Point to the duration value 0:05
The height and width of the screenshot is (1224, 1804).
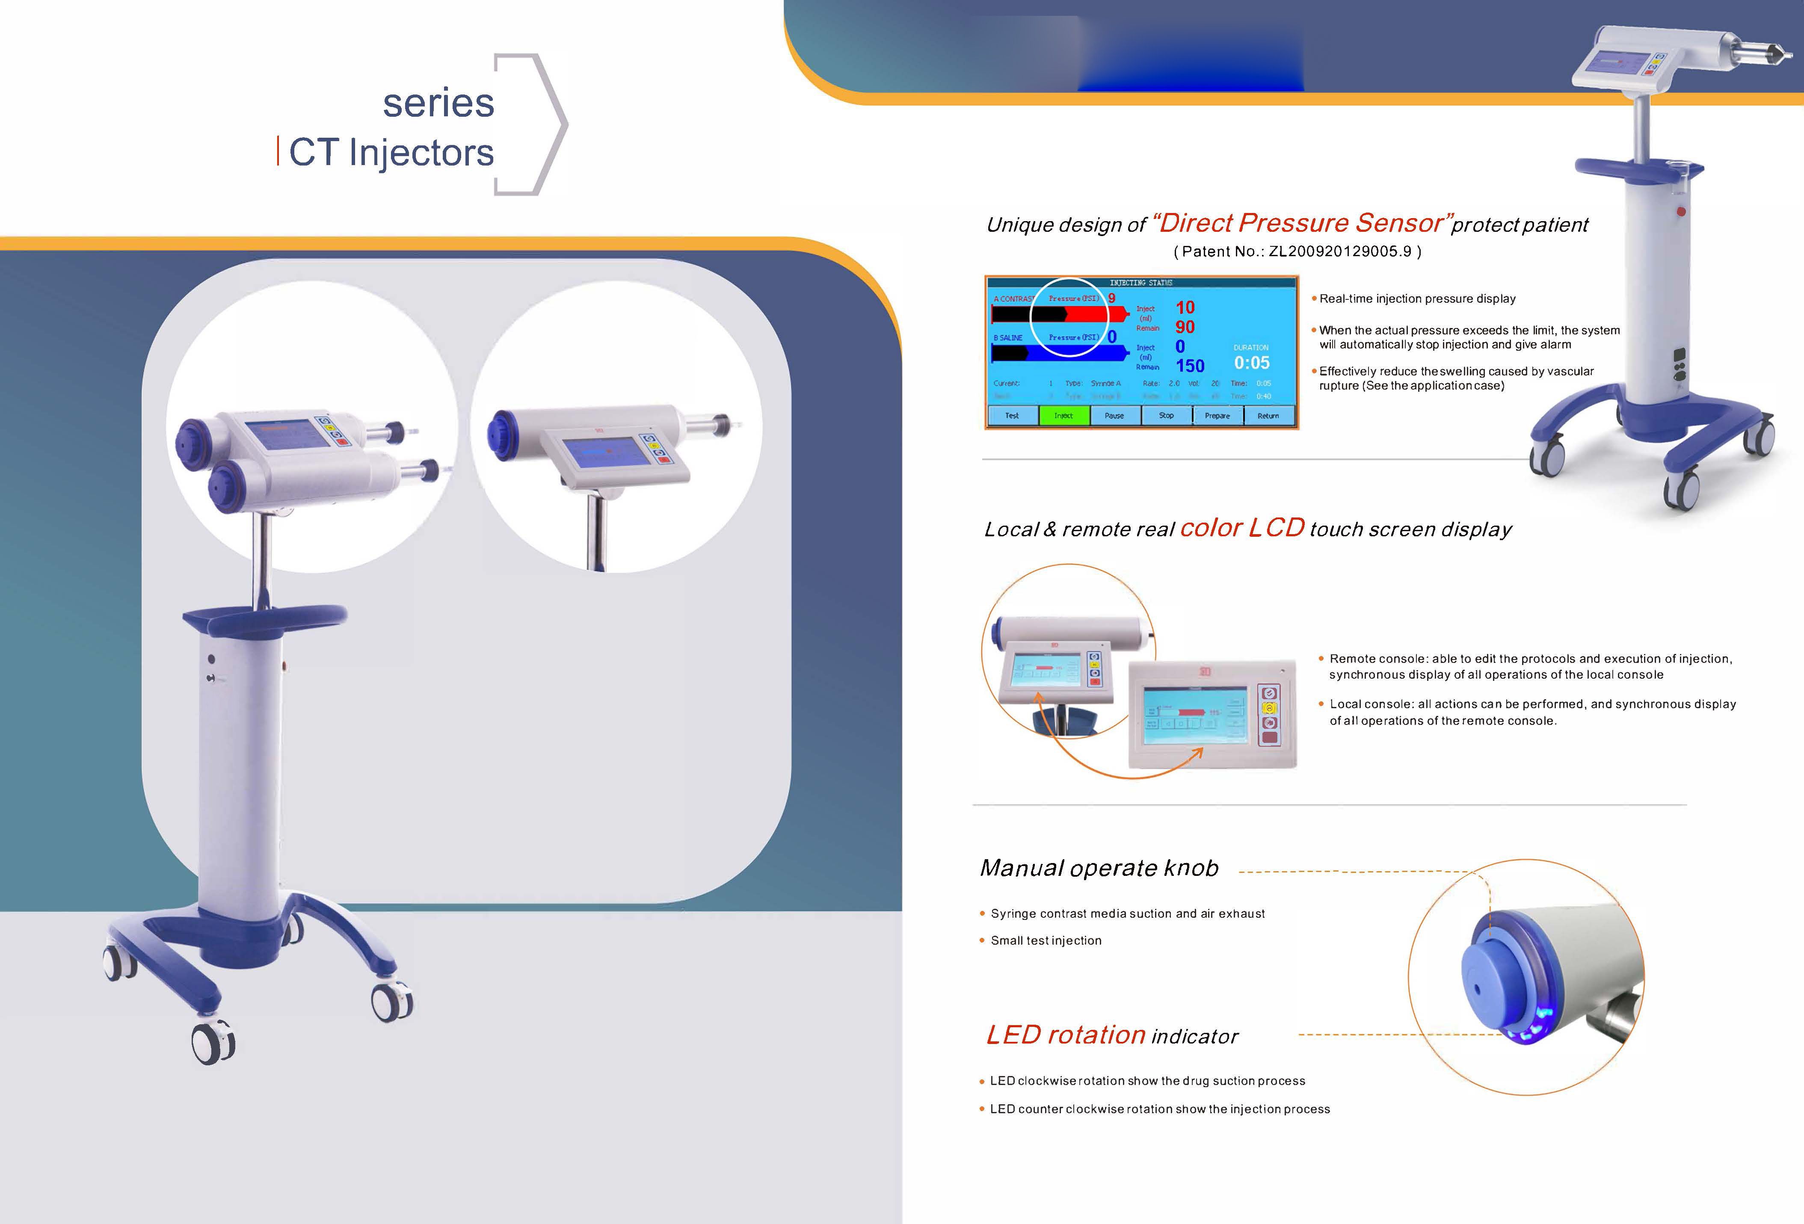pos(1251,363)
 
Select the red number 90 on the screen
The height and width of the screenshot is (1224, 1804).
pos(1185,327)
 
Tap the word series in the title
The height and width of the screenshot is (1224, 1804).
pos(438,103)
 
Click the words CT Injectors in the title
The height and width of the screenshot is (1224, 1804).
pos(391,152)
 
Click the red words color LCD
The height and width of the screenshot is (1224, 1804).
pos(1242,528)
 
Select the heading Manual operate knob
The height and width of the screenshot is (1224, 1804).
pos(1099,868)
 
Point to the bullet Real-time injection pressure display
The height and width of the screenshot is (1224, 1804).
pos(1417,299)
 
